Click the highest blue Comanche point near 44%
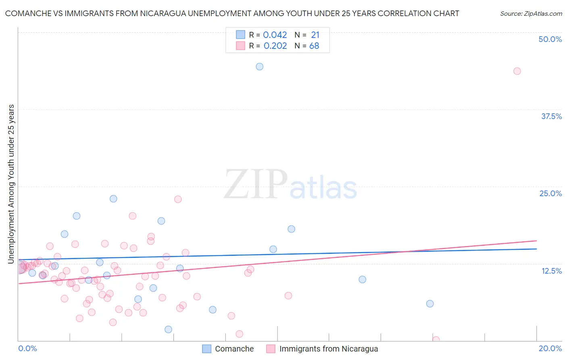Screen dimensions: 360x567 tap(260, 67)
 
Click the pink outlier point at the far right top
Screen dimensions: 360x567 tap(517, 71)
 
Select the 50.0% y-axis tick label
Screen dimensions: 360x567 tap(550, 39)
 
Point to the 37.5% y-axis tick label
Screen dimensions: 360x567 tap(551, 116)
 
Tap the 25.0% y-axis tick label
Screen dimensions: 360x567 tap(550, 193)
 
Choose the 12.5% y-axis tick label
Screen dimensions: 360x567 tap(551, 271)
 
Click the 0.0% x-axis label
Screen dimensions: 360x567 tap(27, 348)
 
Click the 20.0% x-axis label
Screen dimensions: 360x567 tap(550, 348)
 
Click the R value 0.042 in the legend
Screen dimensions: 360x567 tap(275, 35)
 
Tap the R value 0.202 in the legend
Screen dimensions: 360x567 tap(275, 46)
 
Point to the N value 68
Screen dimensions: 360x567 tap(314, 46)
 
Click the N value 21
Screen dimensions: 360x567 tap(315, 35)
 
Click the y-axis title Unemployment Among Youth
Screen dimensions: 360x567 tap(11, 184)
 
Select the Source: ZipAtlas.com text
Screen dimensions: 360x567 tap(531, 14)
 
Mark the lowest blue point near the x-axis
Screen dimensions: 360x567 tap(169, 329)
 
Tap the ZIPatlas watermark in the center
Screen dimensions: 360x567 tap(290, 185)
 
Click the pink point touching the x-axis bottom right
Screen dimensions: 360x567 tap(436, 340)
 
